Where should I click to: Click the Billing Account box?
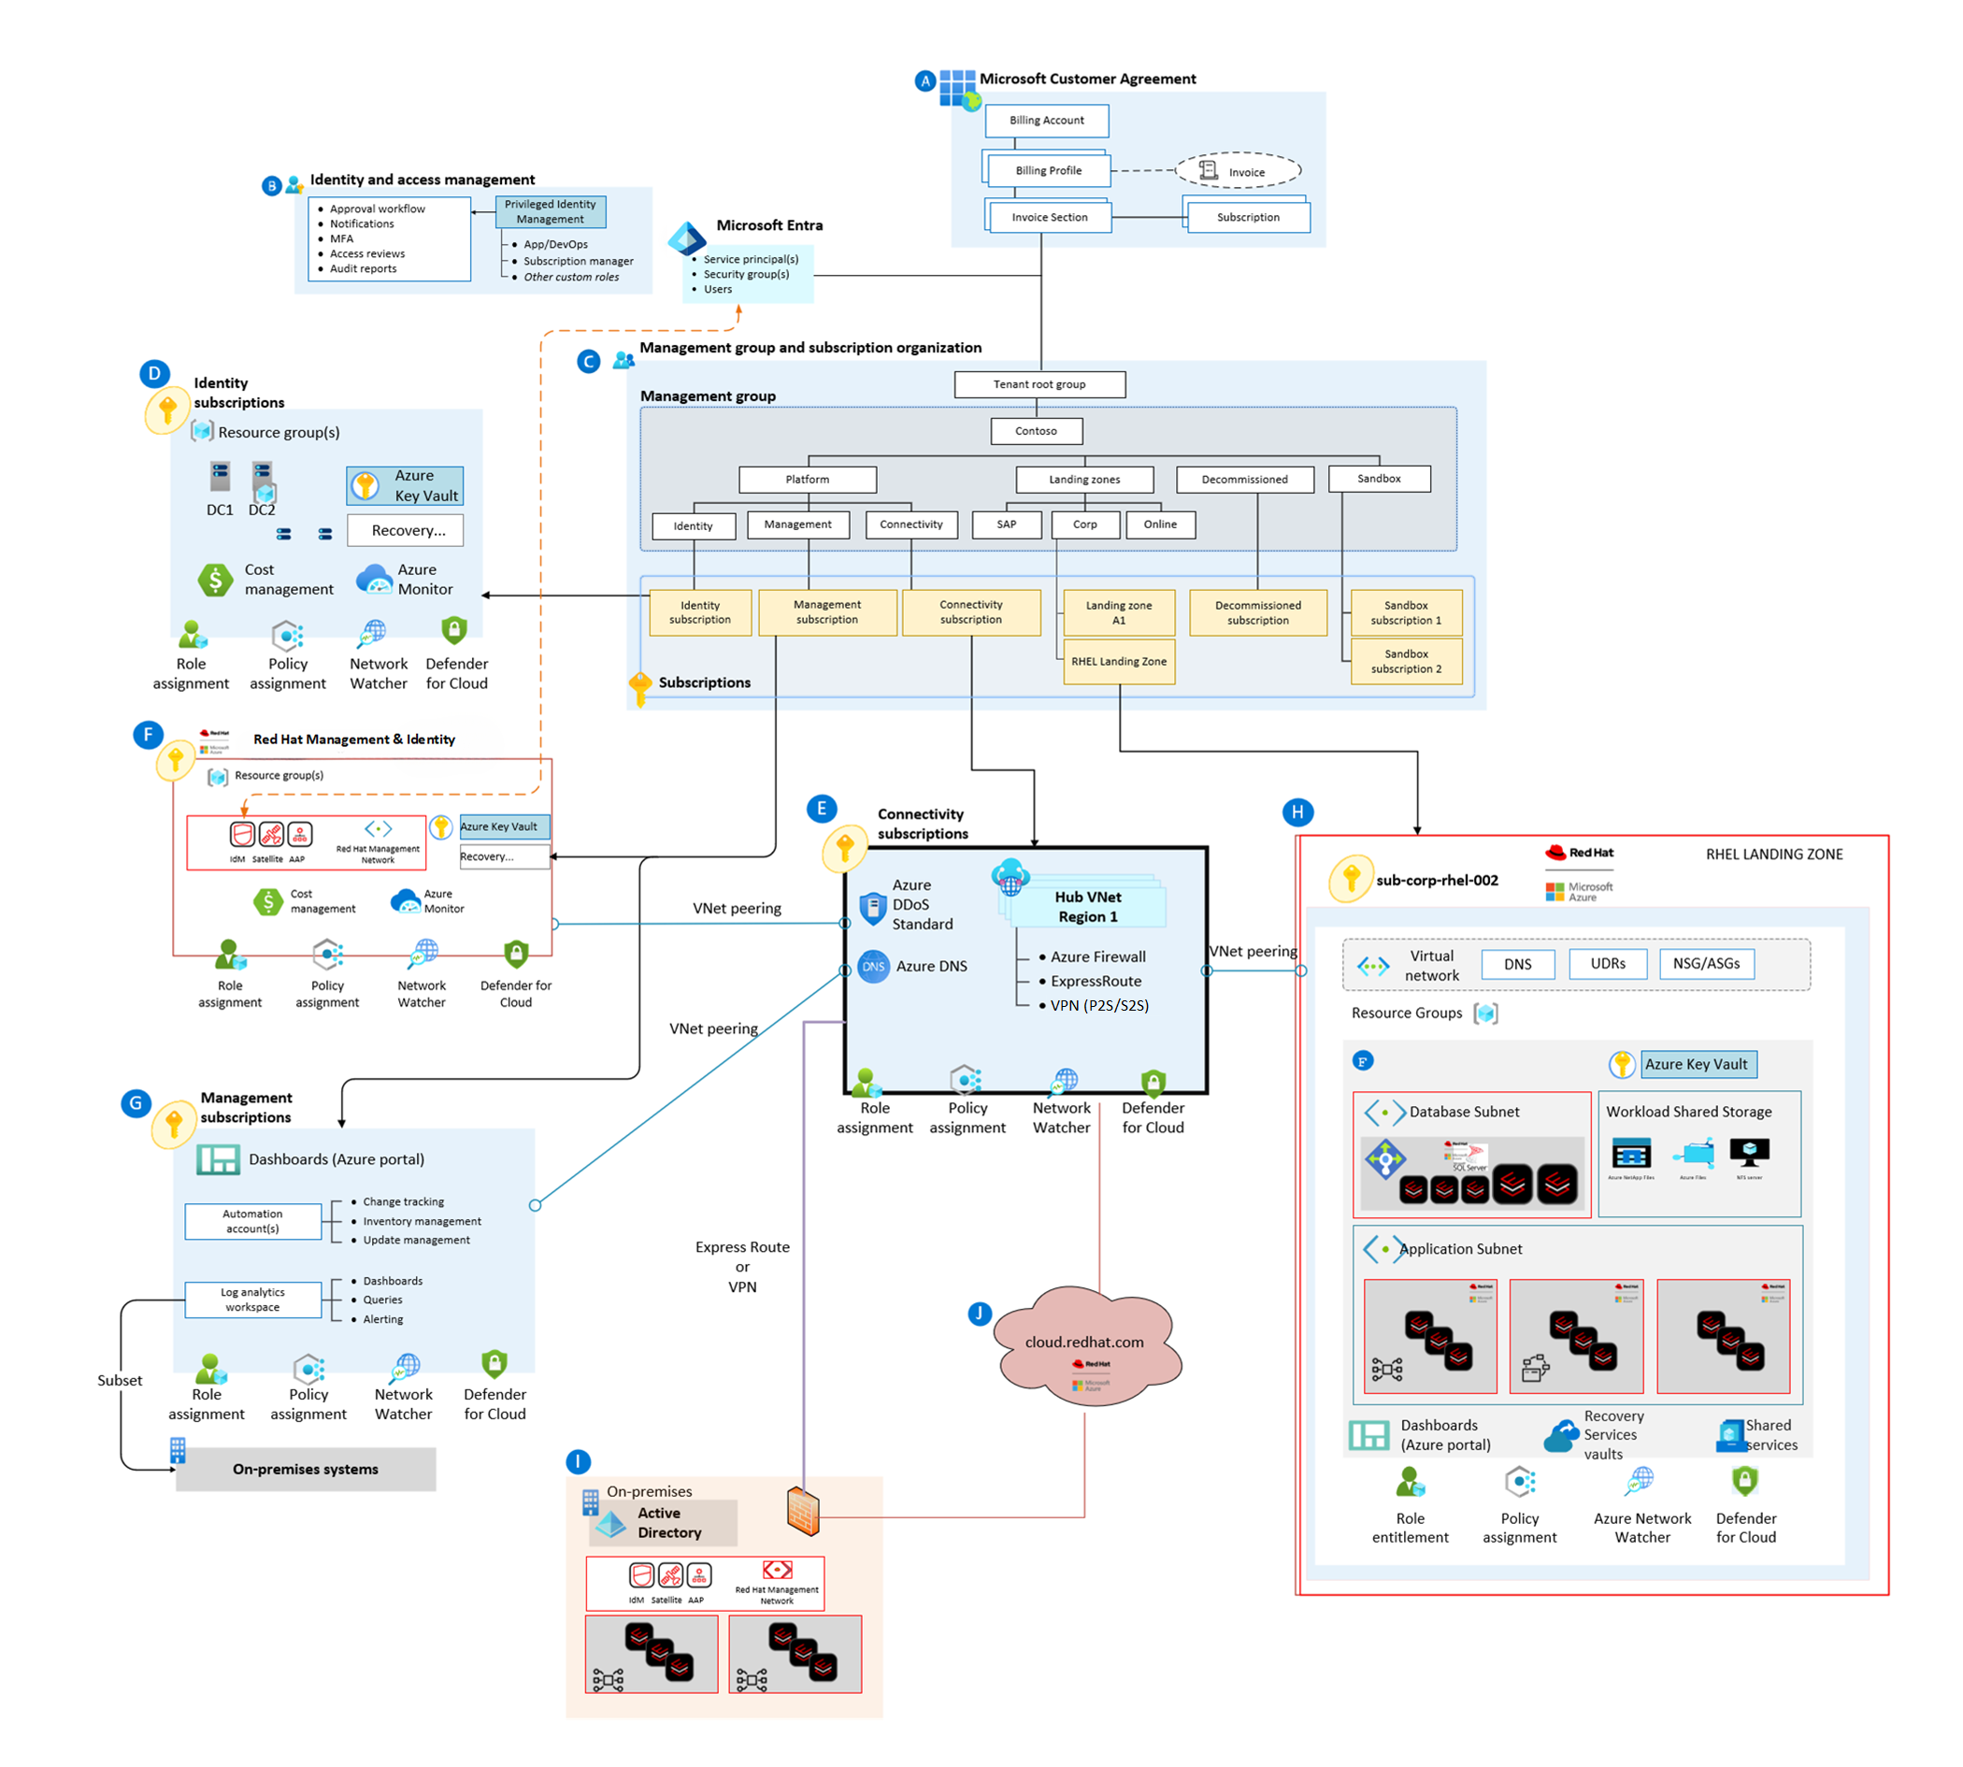[x=1046, y=121]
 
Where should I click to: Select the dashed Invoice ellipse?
[x=1237, y=171]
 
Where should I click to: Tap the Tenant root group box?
[x=1039, y=384]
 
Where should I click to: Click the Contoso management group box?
[x=1036, y=431]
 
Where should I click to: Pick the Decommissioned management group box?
[x=1243, y=480]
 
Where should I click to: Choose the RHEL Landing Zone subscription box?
[x=1118, y=661]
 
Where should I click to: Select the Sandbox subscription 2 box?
[x=1405, y=661]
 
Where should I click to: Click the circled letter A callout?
[x=924, y=80]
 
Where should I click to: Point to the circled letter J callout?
[x=979, y=1314]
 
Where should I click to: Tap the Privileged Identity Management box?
[x=550, y=211]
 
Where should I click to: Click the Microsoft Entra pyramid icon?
[x=686, y=237]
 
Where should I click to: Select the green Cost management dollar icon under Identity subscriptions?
[x=215, y=580]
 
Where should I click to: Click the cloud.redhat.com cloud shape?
[x=1084, y=1344]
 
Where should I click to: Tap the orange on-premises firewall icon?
[x=803, y=1511]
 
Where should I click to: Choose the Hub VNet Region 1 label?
[x=1087, y=907]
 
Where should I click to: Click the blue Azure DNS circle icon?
[x=873, y=966]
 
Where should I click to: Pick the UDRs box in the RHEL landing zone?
[x=1607, y=963]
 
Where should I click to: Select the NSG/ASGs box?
[x=1706, y=963]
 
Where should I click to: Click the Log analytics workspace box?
[x=252, y=1299]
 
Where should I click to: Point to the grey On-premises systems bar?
[x=305, y=1469]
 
